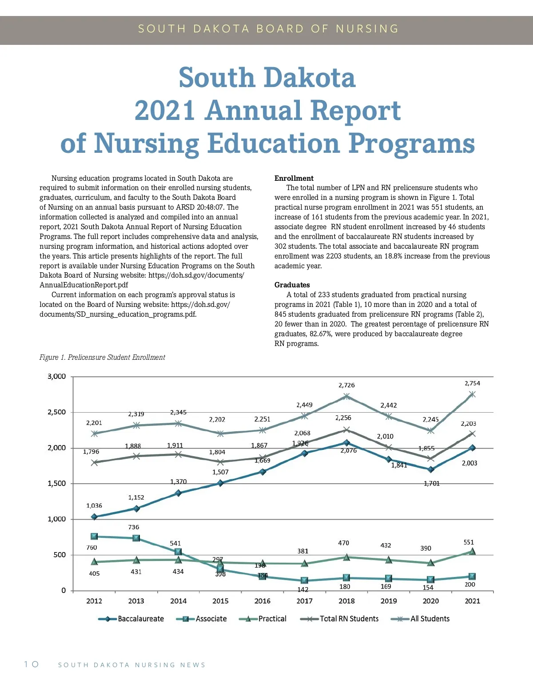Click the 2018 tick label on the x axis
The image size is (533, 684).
tap(346, 601)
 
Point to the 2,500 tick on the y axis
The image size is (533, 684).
tap(56, 412)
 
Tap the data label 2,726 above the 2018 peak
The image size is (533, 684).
tap(346, 385)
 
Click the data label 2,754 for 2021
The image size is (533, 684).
tap(472, 383)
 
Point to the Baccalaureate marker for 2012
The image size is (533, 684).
tap(94, 517)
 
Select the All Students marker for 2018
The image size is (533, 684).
tap(346, 396)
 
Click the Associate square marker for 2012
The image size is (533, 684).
tap(94, 537)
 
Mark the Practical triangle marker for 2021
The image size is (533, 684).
tap(472, 552)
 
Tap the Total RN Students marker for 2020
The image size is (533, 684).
tap(430, 458)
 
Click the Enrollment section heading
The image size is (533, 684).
tap(294, 178)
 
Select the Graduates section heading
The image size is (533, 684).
tap(292, 285)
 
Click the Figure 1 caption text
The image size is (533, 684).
tap(102, 357)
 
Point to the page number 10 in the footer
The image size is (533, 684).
tap(31, 664)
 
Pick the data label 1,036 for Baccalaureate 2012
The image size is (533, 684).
tap(94, 505)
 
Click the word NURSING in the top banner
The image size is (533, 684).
tap(367, 29)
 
